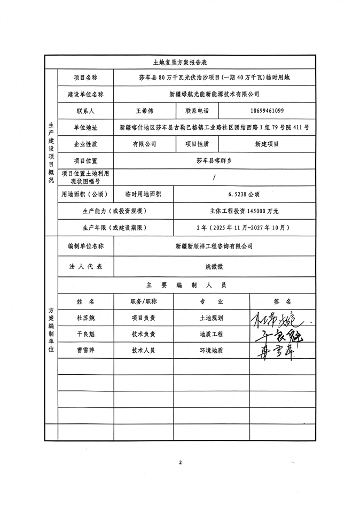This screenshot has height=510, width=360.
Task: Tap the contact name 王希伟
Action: point(145,111)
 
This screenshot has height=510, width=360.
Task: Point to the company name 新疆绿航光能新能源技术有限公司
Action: point(214,95)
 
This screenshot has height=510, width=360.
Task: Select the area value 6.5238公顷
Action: point(243,194)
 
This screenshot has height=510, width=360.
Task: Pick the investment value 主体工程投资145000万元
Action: point(243,211)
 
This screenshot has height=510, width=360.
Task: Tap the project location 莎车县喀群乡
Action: point(214,160)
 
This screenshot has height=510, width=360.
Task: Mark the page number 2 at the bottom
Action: point(181,462)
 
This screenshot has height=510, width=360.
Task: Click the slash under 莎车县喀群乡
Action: point(214,177)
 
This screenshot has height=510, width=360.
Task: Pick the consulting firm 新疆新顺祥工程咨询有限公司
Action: point(214,246)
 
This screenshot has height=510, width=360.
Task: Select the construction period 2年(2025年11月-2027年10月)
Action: point(243,227)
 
